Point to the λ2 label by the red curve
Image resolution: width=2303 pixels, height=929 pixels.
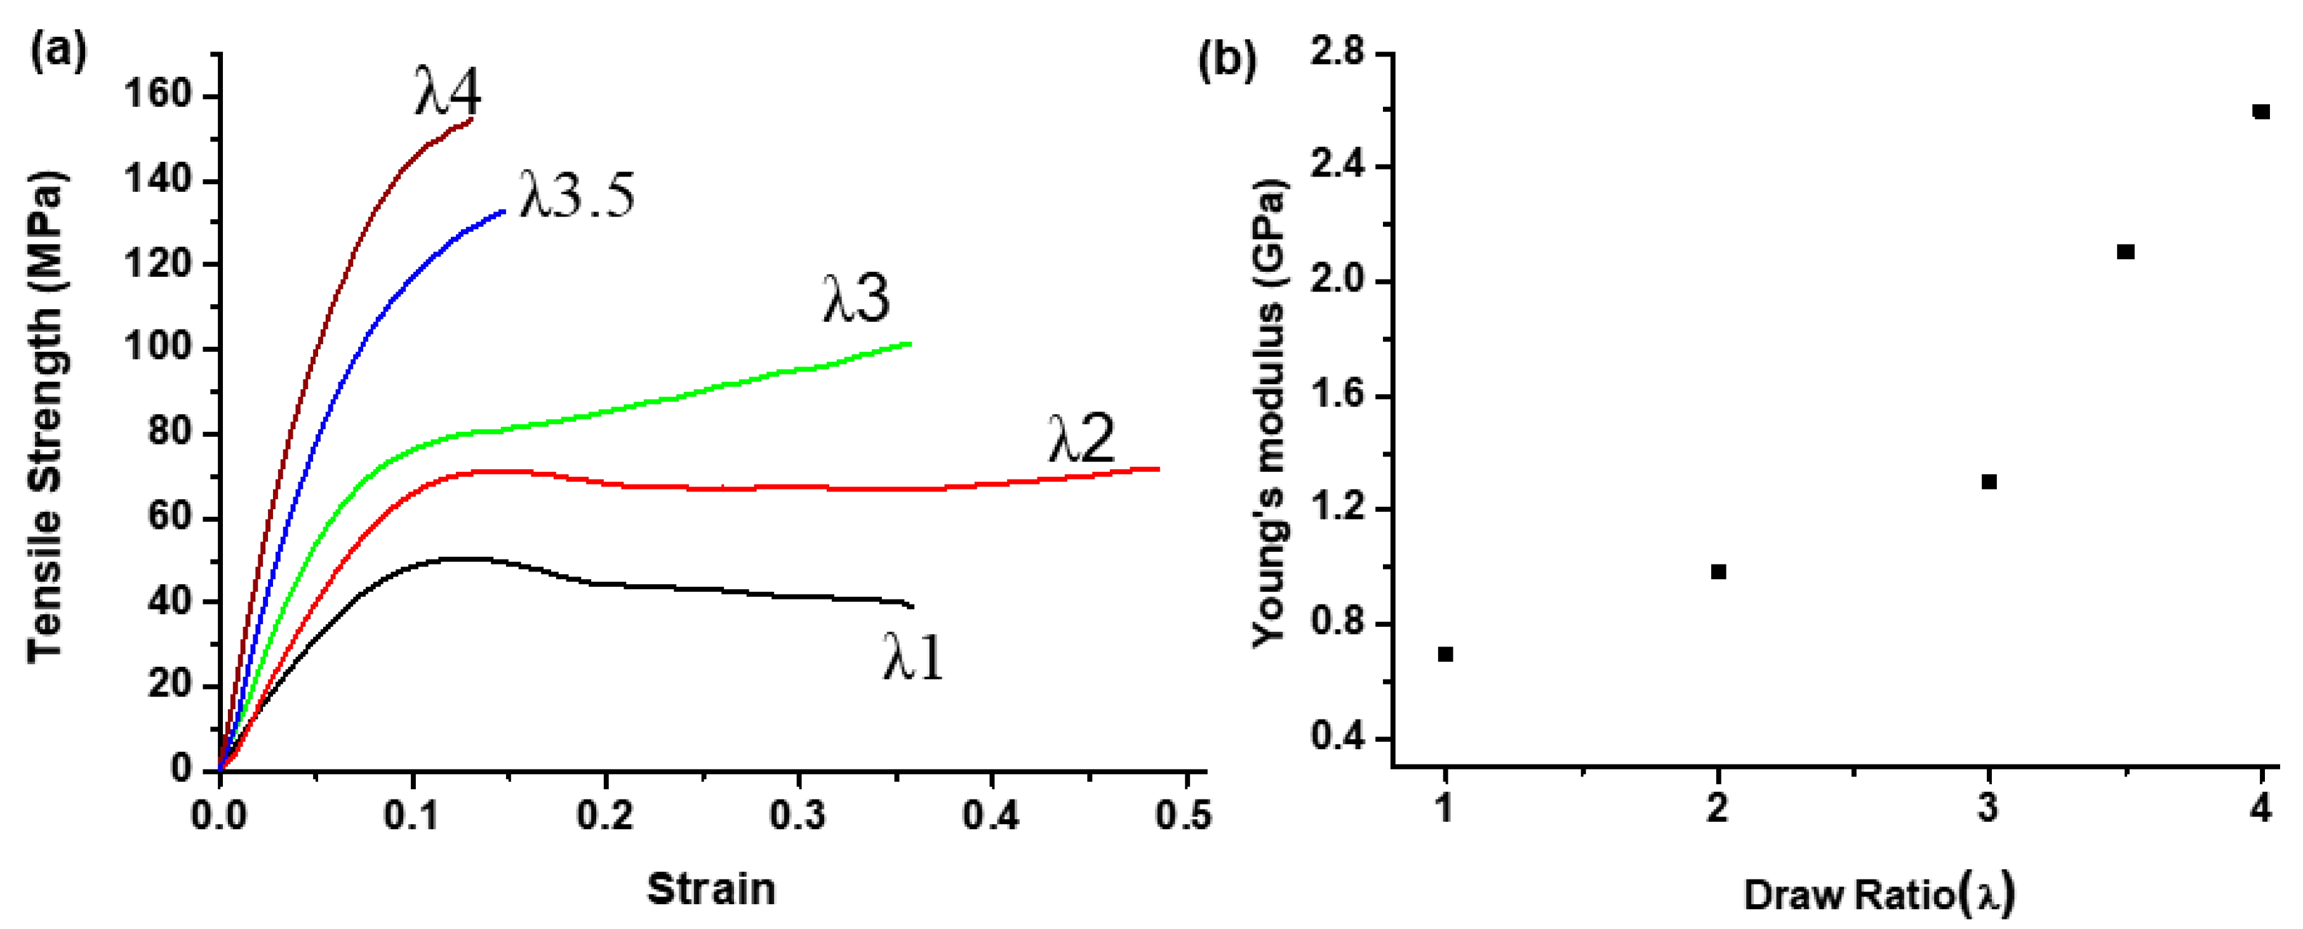tap(1082, 438)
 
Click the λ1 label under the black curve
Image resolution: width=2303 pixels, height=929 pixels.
tap(913, 657)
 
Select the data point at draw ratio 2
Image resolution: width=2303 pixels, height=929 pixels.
tap(1718, 571)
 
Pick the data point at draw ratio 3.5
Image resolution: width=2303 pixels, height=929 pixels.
tap(2126, 252)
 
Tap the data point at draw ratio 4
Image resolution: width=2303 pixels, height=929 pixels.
tap(2262, 112)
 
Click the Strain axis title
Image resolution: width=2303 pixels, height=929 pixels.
tap(711, 889)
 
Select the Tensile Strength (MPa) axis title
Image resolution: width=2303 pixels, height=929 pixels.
tap(44, 416)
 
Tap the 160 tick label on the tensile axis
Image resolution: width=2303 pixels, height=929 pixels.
tap(158, 94)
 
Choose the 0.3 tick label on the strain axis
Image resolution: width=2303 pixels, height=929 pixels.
tap(798, 815)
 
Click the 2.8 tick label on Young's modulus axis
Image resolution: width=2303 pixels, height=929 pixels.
tap(1337, 53)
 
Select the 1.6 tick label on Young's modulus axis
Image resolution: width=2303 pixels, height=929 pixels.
tap(1337, 395)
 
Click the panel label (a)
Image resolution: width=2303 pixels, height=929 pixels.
tap(59, 51)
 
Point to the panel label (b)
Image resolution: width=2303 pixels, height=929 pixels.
tap(1227, 59)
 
